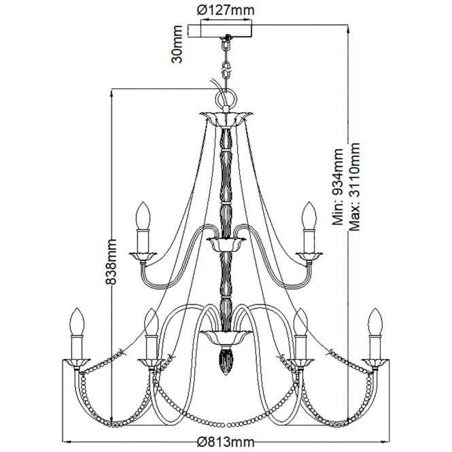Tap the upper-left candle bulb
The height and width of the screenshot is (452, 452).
pos(143,215)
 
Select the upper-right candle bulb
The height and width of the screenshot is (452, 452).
pos(310,215)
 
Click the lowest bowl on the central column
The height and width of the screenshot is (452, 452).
pos(224,336)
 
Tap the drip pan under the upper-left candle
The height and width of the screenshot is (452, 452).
pos(143,255)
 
